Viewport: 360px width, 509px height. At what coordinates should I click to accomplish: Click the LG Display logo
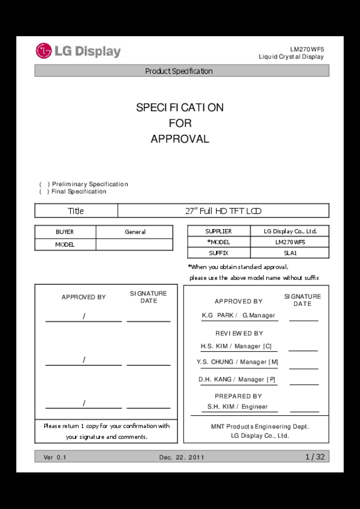click(78, 51)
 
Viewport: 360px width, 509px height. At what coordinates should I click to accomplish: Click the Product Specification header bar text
click(179, 71)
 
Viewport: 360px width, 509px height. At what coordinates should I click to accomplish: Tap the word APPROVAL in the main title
click(180, 139)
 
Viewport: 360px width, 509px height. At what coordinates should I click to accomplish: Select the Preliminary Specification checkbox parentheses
click(45, 184)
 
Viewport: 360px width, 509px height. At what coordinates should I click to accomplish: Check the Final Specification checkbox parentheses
click(45, 192)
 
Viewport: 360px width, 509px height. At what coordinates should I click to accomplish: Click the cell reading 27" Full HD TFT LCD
click(223, 211)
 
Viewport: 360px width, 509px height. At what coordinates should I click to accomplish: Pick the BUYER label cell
click(65, 232)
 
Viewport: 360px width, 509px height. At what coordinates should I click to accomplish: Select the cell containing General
click(135, 232)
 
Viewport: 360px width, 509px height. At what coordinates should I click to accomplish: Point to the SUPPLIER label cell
click(218, 231)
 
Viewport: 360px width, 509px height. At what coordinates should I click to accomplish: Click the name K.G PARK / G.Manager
click(238, 315)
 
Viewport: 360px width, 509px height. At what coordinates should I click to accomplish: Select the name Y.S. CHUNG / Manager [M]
click(237, 362)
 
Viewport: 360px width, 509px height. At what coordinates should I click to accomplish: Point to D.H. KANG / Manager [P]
click(237, 379)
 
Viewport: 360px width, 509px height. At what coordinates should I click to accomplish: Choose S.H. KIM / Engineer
click(237, 406)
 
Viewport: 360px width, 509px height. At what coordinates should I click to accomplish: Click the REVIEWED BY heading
click(239, 333)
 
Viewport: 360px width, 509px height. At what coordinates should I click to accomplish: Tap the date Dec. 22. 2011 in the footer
click(181, 457)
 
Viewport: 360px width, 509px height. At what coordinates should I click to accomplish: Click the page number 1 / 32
click(315, 457)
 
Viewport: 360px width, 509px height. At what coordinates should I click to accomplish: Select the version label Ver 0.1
click(55, 457)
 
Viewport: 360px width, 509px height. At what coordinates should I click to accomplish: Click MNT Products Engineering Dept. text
click(260, 427)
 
